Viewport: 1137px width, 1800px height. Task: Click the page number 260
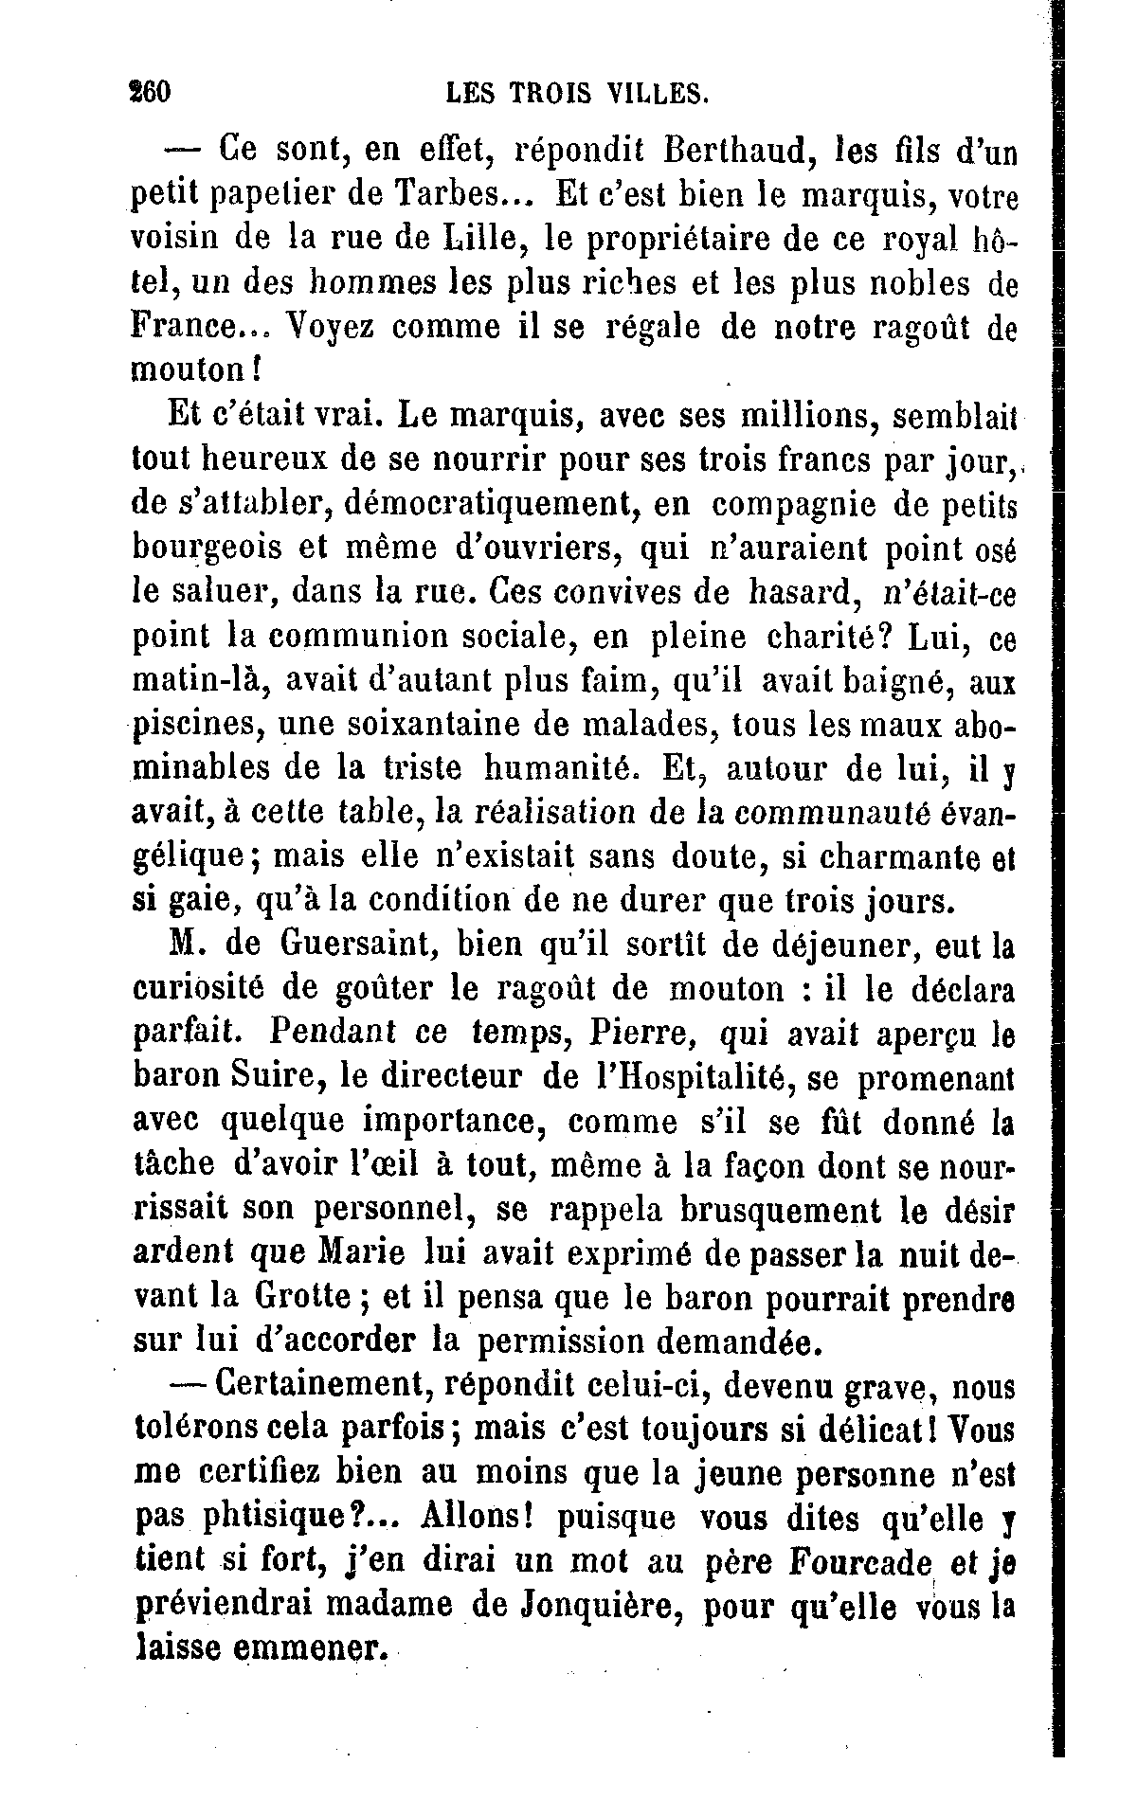click(x=148, y=93)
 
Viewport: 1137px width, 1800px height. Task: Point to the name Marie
click(x=361, y=1253)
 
